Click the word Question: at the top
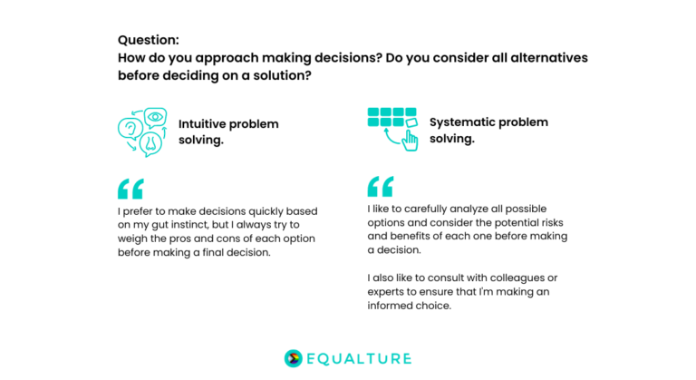pyautogui.click(x=149, y=41)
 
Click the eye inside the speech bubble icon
pyautogui.click(x=155, y=117)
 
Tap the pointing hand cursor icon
pyautogui.click(x=410, y=140)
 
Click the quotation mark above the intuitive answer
pyautogui.click(x=130, y=189)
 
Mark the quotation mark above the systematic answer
pyautogui.click(x=381, y=186)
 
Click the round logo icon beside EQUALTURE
pyautogui.click(x=293, y=358)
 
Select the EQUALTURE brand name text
pyautogui.click(x=360, y=358)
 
